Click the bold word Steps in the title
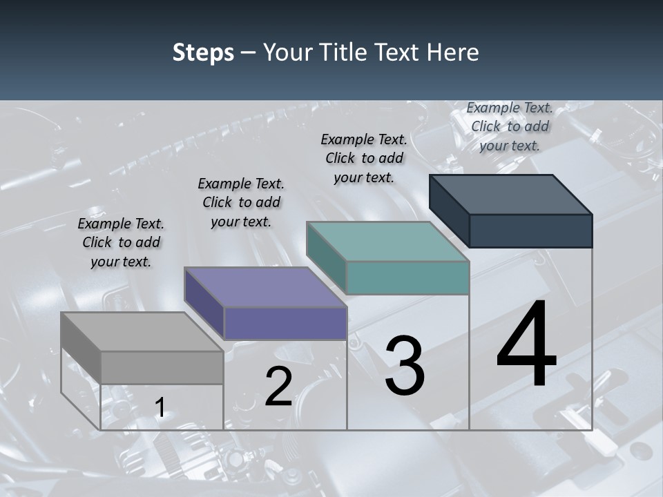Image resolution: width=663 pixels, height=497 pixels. click(203, 52)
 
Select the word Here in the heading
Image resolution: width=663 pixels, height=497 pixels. click(453, 52)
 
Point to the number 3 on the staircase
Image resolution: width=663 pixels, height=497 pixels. click(404, 366)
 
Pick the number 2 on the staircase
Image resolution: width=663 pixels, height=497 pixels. click(278, 387)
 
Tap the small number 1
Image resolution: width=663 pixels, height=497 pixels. click(160, 408)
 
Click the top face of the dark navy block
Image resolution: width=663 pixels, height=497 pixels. click(511, 195)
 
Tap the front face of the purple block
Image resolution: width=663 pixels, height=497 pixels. click(285, 324)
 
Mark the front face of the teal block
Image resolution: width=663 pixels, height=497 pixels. click(407, 277)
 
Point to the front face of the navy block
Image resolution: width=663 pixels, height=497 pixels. click(530, 231)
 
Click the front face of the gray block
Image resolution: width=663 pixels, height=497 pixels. click(162, 367)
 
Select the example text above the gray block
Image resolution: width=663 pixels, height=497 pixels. click(121, 243)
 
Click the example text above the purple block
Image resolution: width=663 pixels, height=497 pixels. click(241, 202)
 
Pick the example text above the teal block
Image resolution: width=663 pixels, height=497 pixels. click(364, 158)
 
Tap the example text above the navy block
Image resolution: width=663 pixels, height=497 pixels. click(510, 126)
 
